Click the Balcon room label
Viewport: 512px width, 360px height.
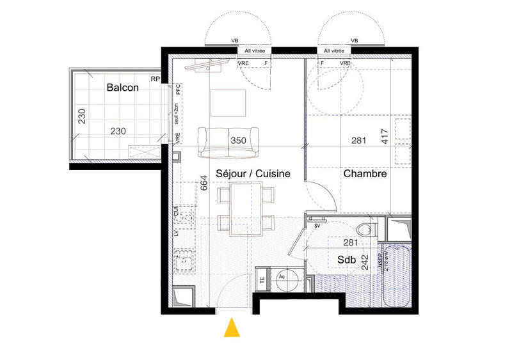[122, 88]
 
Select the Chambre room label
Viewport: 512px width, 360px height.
[364, 173]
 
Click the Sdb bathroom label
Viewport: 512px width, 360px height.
[338, 260]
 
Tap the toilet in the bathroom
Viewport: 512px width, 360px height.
[366, 228]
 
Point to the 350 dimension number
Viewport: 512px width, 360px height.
[238, 140]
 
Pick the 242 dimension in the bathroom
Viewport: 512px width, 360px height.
[365, 264]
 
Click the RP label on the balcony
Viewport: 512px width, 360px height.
[155, 79]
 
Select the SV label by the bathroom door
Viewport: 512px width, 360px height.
[317, 225]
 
